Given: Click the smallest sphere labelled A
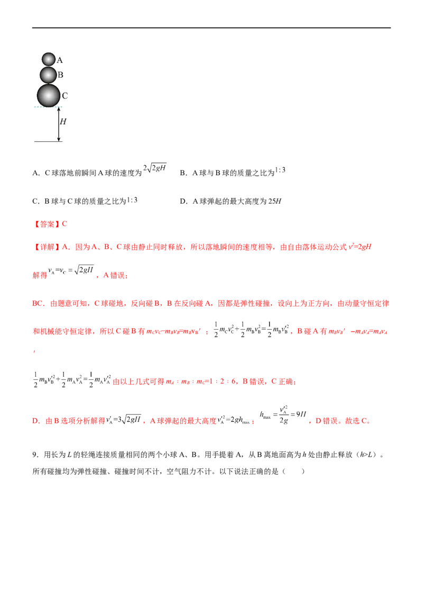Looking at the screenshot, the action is tap(49, 59).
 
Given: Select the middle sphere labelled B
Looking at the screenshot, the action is tap(48, 75).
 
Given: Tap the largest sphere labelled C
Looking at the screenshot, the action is tap(49, 95).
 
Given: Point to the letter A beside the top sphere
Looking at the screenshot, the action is tap(60, 60).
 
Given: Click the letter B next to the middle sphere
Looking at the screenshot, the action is tap(60, 75).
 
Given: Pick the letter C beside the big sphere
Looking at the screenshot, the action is tap(65, 96).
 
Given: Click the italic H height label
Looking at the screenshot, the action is tap(63, 122).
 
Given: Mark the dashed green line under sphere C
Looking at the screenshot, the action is tap(48, 107).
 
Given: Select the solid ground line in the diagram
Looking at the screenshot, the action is tap(48, 142).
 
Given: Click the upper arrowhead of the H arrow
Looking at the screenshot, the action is tap(59, 109).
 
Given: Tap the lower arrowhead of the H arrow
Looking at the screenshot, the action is tap(59, 139).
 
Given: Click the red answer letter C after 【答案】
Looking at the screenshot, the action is tap(65, 224).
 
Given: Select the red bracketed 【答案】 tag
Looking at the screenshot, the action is tap(47, 224).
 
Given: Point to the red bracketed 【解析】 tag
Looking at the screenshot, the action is tap(47, 246).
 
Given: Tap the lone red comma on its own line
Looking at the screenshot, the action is tap(34, 350).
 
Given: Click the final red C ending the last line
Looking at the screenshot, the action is tap(367, 422).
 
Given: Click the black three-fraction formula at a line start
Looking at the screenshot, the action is tap(71, 379).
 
